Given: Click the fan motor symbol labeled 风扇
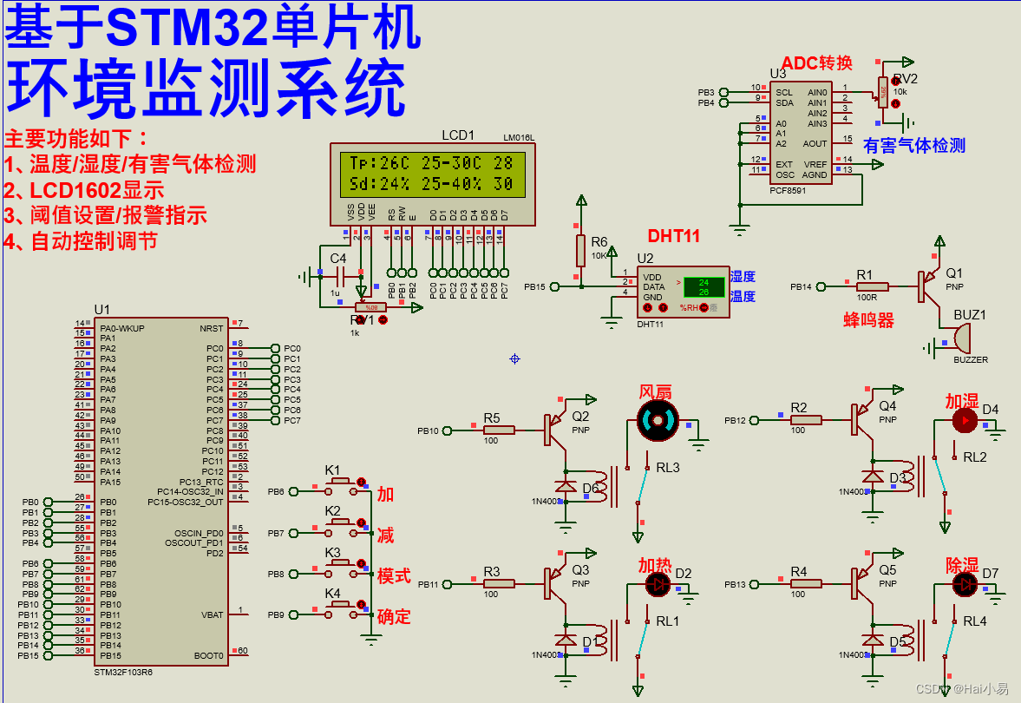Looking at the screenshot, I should click(x=655, y=421).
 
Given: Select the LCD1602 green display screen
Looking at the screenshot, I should click(x=427, y=174).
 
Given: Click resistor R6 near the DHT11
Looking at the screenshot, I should click(x=581, y=250).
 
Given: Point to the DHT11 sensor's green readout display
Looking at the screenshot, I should click(x=704, y=287).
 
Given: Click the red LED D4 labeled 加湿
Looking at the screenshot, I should click(x=964, y=421).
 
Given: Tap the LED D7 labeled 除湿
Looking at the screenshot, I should click(x=965, y=585).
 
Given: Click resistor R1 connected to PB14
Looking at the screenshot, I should click(x=871, y=286).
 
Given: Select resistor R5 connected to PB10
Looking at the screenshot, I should click(x=498, y=430).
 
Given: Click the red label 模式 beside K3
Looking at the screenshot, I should click(x=394, y=576).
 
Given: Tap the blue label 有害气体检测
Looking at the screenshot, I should click(x=914, y=146).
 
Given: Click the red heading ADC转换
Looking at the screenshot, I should click(x=817, y=62).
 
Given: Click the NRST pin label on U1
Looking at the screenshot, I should click(x=211, y=328).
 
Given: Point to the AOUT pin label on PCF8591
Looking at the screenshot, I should click(x=815, y=143).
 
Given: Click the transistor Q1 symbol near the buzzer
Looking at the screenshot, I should click(x=928, y=286).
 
